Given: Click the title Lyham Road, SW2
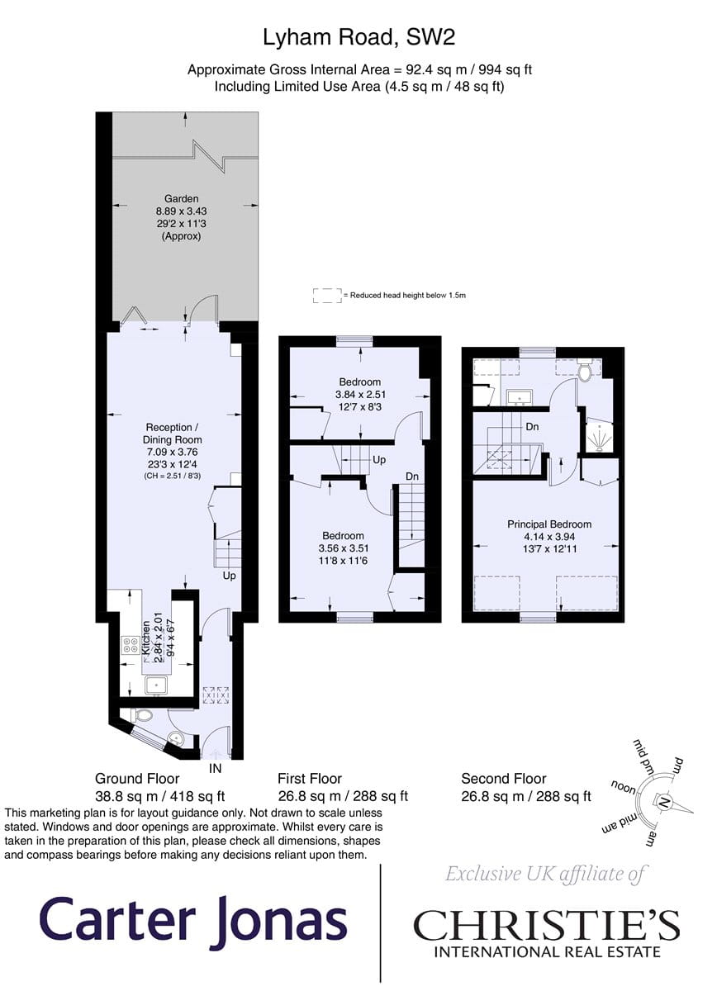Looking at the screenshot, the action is tap(359, 37).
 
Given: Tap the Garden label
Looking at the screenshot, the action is tap(182, 199).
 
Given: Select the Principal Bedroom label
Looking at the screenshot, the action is tap(549, 524).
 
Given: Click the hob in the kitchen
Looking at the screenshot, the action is tap(131, 645).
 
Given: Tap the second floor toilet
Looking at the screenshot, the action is tap(585, 372).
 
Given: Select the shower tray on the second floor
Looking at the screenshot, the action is tap(600, 437).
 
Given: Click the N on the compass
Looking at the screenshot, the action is tap(662, 802).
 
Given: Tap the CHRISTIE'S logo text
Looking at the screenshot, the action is tap(547, 923).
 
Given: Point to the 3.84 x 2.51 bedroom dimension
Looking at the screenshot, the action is tap(360, 394).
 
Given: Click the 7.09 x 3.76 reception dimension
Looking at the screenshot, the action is tap(172, 453).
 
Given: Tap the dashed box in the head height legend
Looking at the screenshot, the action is tap(327, 296).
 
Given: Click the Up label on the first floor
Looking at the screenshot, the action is tap(379, 460).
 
